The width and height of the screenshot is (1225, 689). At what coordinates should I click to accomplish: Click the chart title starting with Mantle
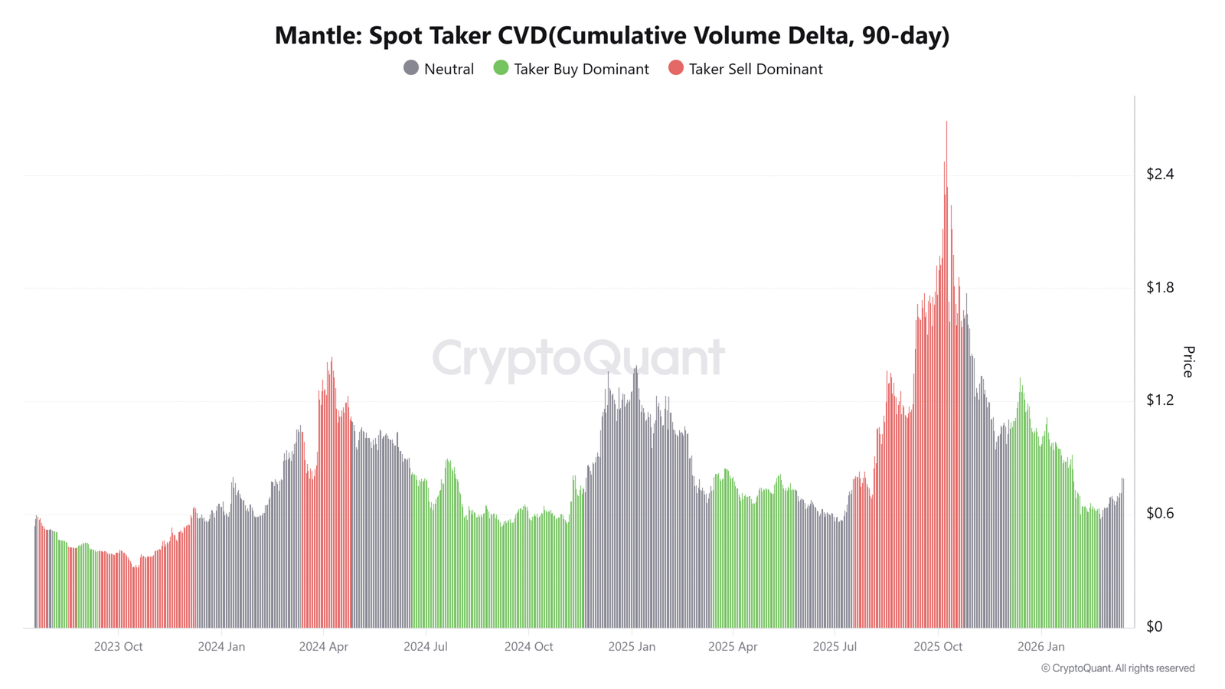(x=612, y=35)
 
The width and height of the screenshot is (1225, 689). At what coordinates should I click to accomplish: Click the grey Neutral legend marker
(x=411, y=68)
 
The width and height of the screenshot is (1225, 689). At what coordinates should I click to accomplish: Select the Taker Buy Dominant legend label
(x=581, y=69)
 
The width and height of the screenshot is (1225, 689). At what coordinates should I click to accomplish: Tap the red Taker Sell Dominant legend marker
(x=675, y=68)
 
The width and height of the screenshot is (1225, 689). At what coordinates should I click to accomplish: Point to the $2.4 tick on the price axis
(x=1159, y=174)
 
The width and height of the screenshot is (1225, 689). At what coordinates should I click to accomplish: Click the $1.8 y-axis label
(x=1159, y=287)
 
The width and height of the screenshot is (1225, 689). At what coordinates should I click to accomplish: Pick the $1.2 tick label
(x=1159, y=400)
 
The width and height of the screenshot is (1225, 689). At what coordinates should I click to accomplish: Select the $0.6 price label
(x=1159, y=513)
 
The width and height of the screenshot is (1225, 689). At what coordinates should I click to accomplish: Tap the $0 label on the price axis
(x=1154, y=626)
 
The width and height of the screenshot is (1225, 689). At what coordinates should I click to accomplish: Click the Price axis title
(x=1188, y=361)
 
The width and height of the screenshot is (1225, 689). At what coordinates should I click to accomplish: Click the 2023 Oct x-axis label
(x=118, y=646)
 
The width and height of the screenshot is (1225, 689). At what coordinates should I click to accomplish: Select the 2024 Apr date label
(x=323, y=646)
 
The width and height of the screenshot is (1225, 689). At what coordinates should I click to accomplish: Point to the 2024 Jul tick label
(x=425, y=646)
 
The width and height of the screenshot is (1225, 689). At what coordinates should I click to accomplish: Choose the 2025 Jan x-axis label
(x=632, y=646)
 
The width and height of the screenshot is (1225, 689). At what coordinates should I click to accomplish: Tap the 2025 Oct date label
(x=938, y=646)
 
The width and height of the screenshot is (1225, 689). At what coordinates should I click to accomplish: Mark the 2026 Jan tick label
(x=1040, y=646)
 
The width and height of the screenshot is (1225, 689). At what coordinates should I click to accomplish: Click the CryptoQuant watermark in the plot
(x=578, y=358)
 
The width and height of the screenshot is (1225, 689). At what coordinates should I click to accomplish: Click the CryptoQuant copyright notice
(x=1117, y=668)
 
